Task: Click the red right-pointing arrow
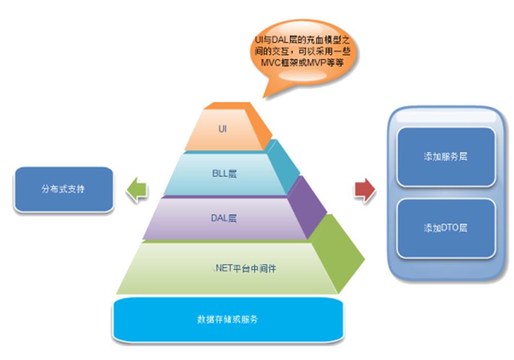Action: point(365,190)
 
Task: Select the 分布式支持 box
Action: point(63,189)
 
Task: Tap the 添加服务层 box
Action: point(445,157)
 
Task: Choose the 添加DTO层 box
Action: point(445,228)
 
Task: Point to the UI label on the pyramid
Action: point(223,129)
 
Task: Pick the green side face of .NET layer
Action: point(337,254)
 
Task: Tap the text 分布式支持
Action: point(63,189)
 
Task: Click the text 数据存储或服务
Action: point(230,318)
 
